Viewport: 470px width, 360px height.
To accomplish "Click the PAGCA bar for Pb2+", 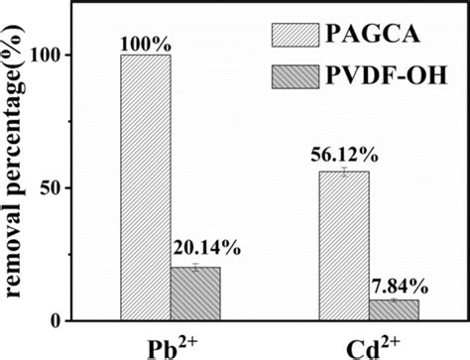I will point(144,187).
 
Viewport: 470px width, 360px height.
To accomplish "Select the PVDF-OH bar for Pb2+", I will point(195,294).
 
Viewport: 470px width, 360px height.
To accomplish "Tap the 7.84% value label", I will point(403,287).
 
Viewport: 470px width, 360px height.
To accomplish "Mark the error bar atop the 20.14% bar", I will point(195,267).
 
